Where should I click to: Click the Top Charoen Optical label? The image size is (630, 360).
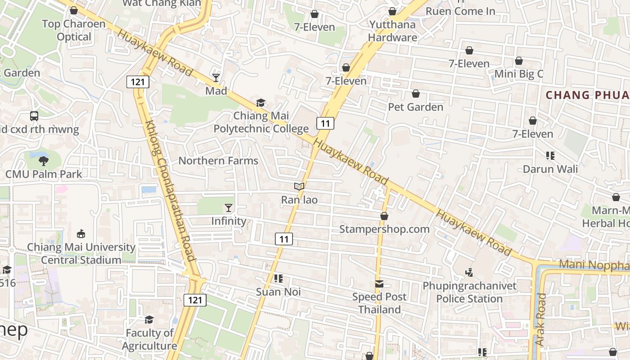[74, 30]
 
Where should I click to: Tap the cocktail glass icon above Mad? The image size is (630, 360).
[216, 78]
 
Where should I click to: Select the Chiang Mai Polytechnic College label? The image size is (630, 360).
[261, 122]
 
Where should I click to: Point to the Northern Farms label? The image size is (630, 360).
[218, 161]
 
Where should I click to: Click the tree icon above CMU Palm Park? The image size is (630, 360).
[44, 161]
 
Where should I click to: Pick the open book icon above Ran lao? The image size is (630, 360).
[299, 186]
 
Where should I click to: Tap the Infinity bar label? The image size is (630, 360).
[229, 221]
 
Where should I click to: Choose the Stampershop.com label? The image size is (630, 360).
[384, 229]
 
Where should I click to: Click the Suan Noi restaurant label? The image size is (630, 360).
[278, 292]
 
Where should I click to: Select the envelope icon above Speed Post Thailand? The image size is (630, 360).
[379, 284]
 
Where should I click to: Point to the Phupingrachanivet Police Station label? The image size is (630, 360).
[469, 292]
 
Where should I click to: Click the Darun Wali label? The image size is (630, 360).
[550, 169]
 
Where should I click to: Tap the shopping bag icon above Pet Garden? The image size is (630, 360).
[416, 94]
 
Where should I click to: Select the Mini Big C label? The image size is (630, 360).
[519, 74]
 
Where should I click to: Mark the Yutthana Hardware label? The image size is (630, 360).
[392, 31]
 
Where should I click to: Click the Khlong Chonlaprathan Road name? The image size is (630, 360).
[171, 190]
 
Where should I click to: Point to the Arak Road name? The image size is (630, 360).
[540, 319]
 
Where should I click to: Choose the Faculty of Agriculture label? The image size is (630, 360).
[149, 339]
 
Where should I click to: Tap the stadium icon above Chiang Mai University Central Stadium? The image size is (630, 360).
[81, 234]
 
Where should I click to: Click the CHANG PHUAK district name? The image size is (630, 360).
[587, 95]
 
